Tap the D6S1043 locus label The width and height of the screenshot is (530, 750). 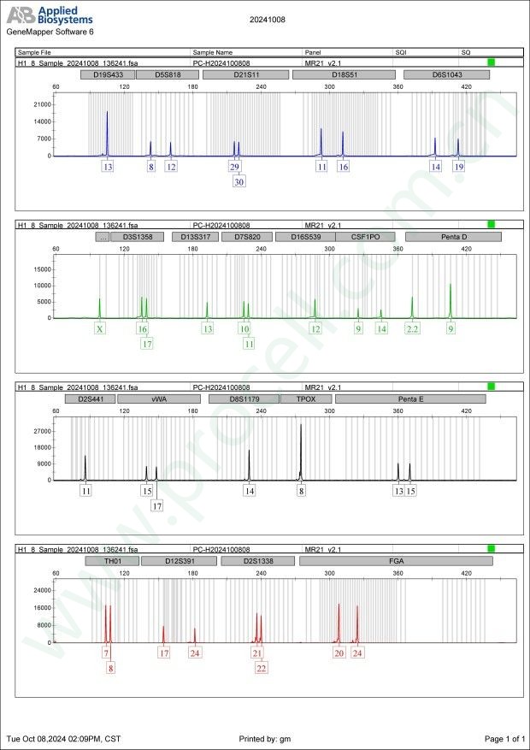coord(446,74)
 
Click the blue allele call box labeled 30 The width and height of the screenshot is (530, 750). coord(238,181)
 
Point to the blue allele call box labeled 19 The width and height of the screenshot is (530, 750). coord(459,167)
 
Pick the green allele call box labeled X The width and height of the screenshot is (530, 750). coord(100,328)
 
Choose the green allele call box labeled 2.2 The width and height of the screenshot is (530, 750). coord(413,328)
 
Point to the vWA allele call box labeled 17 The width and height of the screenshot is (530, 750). coord(157,505)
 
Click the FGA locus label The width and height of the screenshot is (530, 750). coord(396,561)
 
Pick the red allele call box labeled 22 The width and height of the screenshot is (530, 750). coord(261,668)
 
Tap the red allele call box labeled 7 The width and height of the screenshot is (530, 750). coord(106,653)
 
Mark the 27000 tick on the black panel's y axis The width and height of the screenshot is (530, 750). coord(43,431)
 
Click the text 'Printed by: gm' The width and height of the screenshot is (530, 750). coord(265,738)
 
